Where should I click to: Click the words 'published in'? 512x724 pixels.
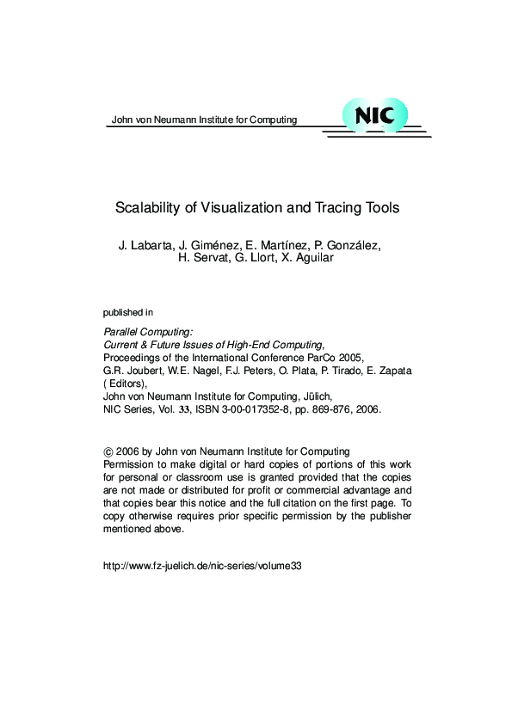pyautogui.click(x=128, y=312)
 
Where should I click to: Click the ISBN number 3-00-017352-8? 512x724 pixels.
pyautogui.click(x=256, y=410)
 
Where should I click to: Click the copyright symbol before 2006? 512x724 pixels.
pyautogui.click(x=108, y=451)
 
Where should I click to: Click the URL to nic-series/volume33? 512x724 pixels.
pyautogui.click(x=202, y=567)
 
